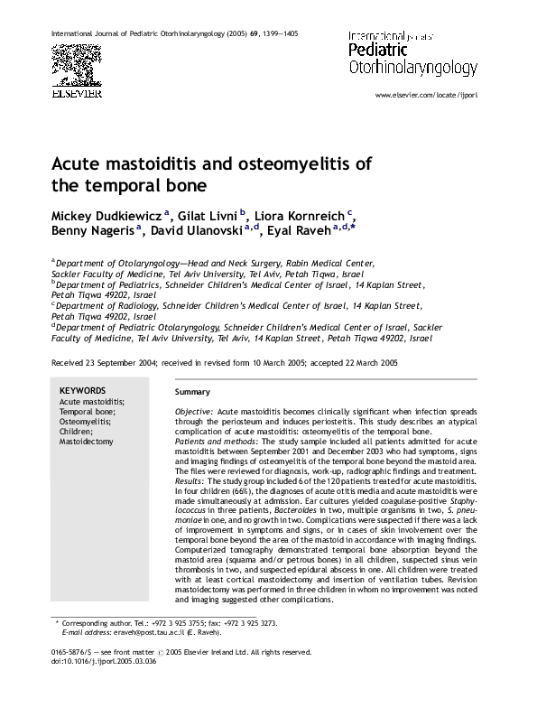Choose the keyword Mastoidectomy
(87, 442)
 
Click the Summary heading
(192, 392)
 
